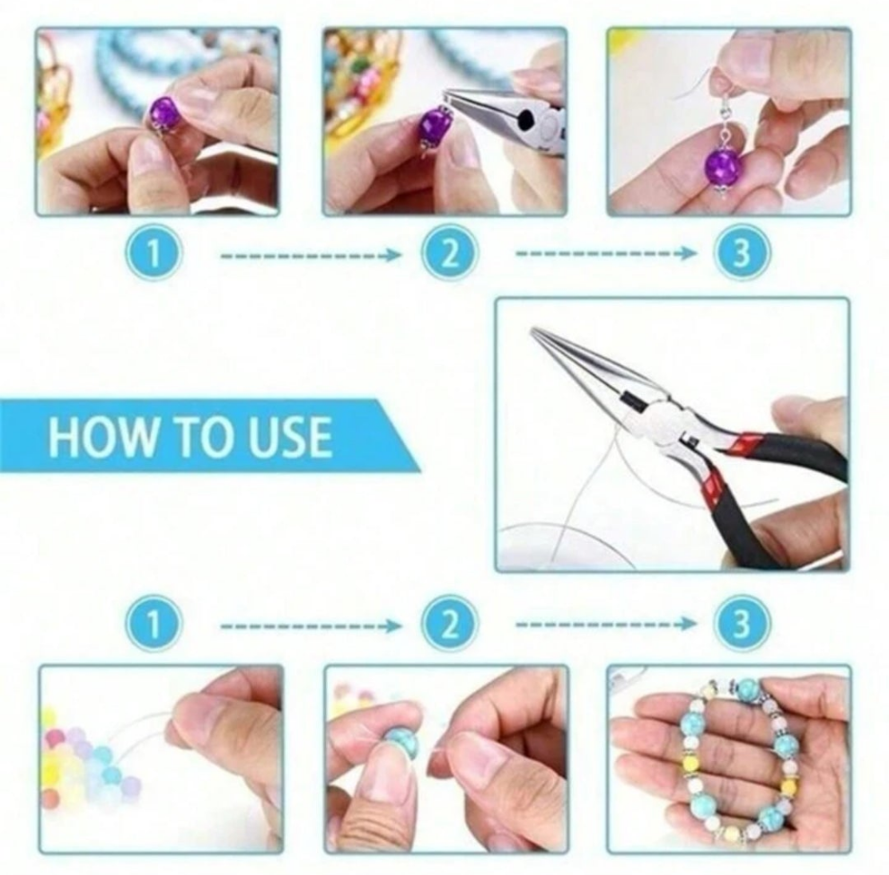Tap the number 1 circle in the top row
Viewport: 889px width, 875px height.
pyautogui.click(x=153, y=253)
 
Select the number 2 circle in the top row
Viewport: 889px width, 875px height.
pyautogui.click(x=449, y=253)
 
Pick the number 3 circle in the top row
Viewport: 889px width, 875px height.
pyautogui.click(x=741, y=253)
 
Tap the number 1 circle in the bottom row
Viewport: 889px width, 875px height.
pyautogui.click(x=153, y=624)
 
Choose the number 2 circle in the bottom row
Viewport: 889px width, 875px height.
pyautogui.click(x=449, y=624)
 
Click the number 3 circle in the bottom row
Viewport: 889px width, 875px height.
pyautogui.click(x=741, y=624)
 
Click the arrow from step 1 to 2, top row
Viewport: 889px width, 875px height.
pyautogui.click(x=311, y=256)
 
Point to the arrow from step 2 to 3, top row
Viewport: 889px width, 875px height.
pyautogui.click(x=605, y=253)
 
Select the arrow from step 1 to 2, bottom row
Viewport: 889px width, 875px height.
pyautogui.click(x=311, y=626)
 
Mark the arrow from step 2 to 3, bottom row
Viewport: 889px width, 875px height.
pyautogui.click(x=605, y=624)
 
